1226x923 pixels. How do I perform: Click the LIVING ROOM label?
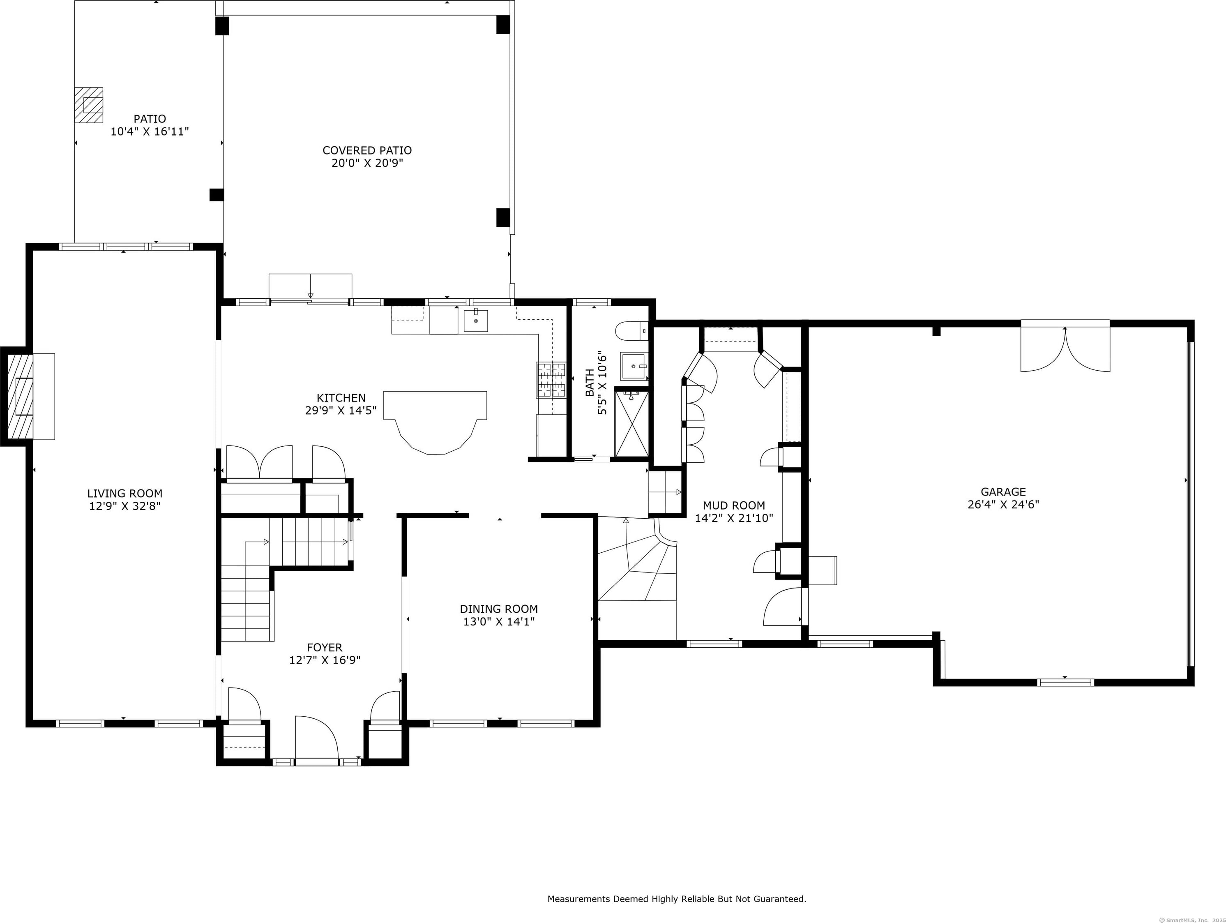(x=125, y=494)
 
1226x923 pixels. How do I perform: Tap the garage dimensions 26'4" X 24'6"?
(x=1003, y=505)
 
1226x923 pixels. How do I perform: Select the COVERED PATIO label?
(x=367, y=150)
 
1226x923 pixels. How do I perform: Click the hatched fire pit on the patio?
(x=89, y=105)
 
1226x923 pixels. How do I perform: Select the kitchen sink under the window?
(x=475, y=321)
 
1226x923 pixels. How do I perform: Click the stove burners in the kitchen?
(x=551, y=380)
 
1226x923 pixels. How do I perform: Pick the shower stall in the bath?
(x=631, y=424)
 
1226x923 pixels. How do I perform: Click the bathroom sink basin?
(x=634, y=367)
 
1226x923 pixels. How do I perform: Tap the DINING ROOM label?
(x=499, y=609)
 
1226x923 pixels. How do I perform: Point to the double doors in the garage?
(x=1065, y=349)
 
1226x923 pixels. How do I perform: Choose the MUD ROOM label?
(x=734, y=505)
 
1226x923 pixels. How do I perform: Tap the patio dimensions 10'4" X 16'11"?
(x=150, y=132)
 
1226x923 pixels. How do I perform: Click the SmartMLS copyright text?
(x=1194, y=920)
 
